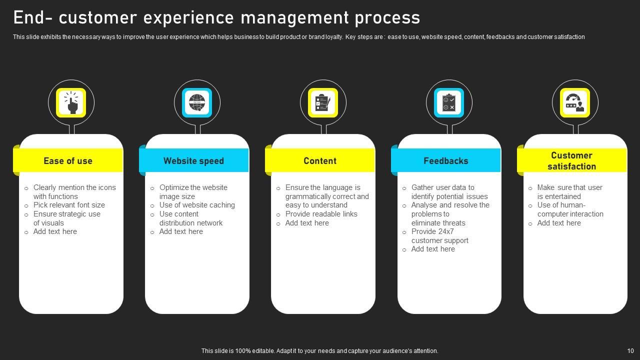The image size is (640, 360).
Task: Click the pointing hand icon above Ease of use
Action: (x=71, y=103)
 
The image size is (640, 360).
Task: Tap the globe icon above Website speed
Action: (x=197, y=103)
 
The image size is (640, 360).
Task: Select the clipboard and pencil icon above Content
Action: (x=323, y=103)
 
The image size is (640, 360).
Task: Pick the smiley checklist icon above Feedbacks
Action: (x=449, y=103)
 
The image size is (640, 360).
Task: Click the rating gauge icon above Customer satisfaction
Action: (x=575, y=103)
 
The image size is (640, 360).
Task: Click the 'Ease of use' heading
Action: (x=68, y=161)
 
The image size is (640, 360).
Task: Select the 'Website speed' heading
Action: (x=193, y=161)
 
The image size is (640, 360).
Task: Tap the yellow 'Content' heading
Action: (x=320, y=161)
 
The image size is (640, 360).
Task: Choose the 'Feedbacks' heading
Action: (x=446, y=161)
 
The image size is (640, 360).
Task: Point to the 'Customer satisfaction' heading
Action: (x=571, y=161)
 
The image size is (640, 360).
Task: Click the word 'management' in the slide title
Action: (x=295, y=17)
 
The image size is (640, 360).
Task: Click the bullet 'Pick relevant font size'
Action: (x=69, y=205)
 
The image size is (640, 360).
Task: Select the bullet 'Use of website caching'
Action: (x=197, y=205)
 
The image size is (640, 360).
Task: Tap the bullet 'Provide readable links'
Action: (x=321, y=214)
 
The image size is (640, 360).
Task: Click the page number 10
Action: (x=630, y=351)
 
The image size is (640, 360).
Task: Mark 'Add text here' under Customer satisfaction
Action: (x=559, y=223)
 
